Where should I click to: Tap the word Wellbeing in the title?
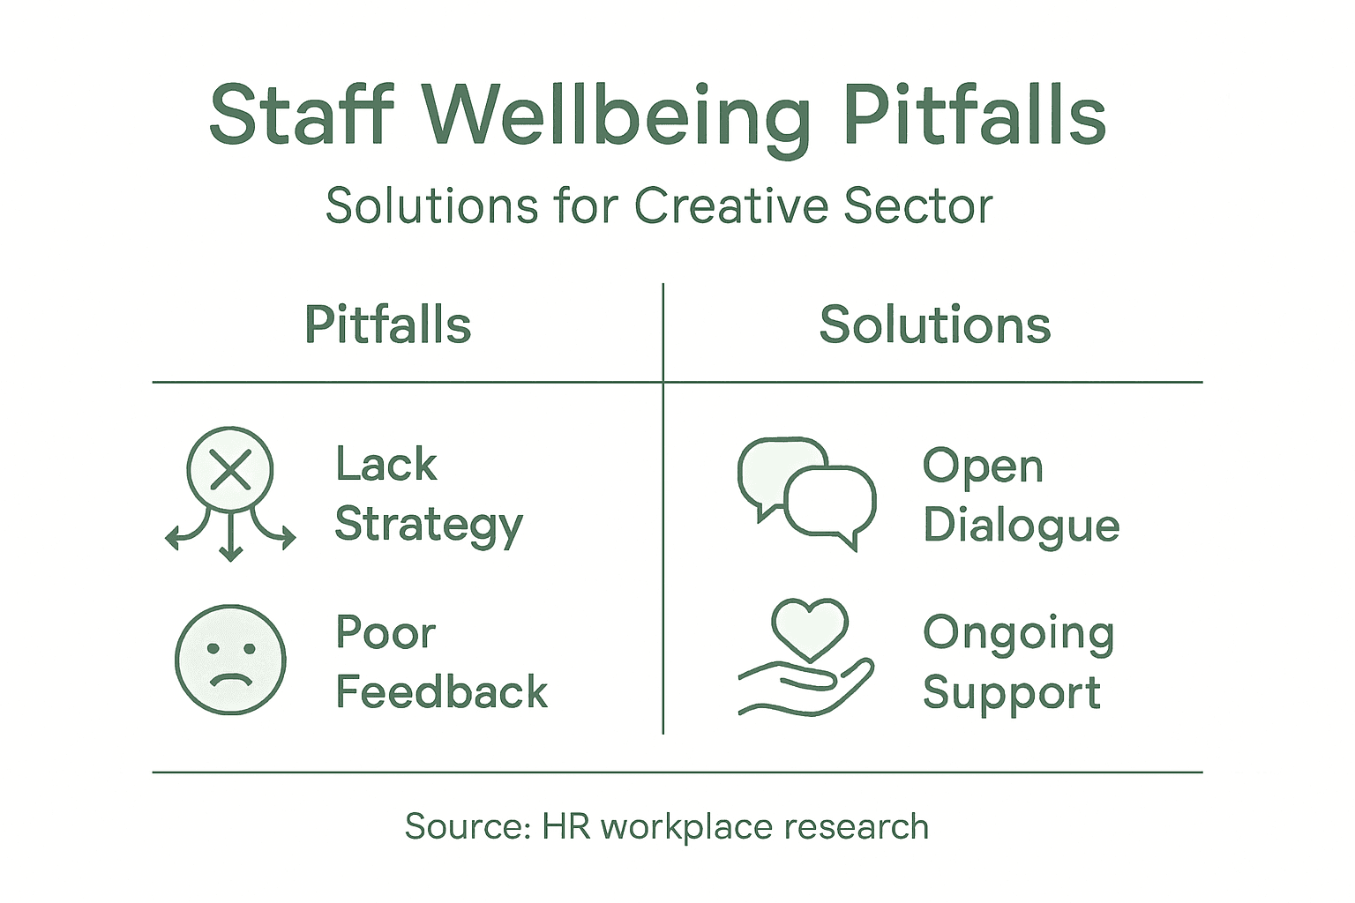point(615,116)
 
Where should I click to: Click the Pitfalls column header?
point(387,325)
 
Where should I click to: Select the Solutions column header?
point(934,325)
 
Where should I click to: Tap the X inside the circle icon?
point(231,469)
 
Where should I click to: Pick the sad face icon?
point(230,659)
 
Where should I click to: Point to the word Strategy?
point(429,526)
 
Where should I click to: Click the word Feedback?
point(441,691)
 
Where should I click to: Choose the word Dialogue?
point(1021,526)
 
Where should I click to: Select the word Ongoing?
point(1018,634)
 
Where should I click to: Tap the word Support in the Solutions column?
point(1011,693)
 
